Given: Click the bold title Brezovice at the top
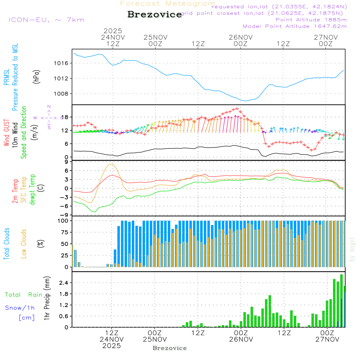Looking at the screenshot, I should (x=155, y=15).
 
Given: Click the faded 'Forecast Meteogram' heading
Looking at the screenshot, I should (x=168, y=4).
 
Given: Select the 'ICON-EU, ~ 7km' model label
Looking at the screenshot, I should (x=46, y=20).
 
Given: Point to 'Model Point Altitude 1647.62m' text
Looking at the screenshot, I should (x=295, y=26).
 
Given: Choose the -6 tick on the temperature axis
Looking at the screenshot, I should (x=66, y=206).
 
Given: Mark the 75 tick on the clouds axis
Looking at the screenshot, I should (x=66, y=232).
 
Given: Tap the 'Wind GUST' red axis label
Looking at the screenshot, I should (x=6, y=133).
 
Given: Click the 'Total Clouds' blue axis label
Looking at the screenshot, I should (x=6, y=243).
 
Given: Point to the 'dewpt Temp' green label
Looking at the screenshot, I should (x=32, y=190).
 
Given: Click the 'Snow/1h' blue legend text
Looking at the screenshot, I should (x=20, y=308).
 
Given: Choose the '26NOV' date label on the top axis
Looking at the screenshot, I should (x=240, y=37).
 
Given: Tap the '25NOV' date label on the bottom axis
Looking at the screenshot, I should (x=154, y=339).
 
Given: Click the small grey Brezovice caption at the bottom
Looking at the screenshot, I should (x=170, y=348).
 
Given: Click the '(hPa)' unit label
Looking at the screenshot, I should (x=36, y=76).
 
